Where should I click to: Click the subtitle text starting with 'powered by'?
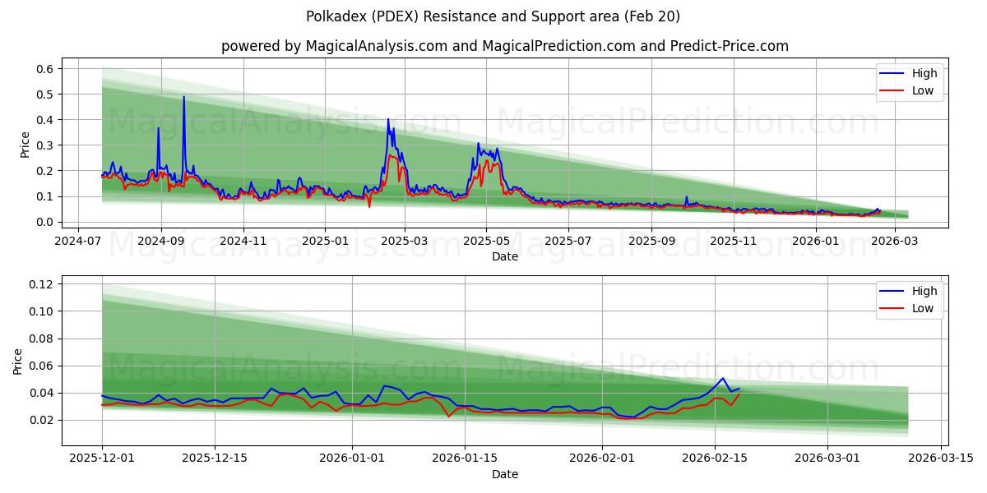(504, 46)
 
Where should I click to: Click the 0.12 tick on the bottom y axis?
(41, 284)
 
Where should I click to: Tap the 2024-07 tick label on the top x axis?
(78, 242)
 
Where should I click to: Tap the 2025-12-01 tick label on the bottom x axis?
(102, 458)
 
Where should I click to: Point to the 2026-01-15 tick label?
(465, 458)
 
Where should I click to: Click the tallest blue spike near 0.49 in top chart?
(183, 97)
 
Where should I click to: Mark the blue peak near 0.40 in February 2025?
(388, 120)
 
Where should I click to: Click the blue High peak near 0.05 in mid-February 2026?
(722, 379)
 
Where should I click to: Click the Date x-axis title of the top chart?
(504, 256)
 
